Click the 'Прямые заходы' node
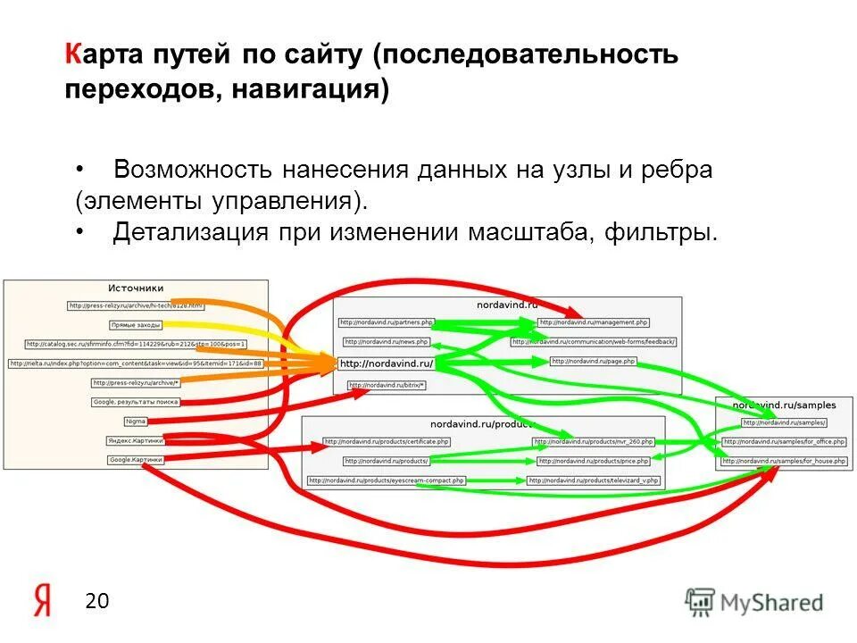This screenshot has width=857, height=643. point(136,325)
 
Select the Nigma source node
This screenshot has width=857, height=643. point(135,421)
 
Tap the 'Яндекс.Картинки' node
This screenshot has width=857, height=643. point(135,440)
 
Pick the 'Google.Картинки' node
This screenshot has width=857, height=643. point(136,460)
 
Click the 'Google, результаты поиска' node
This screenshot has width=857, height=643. point(136,402)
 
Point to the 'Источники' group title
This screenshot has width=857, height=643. point(136,288)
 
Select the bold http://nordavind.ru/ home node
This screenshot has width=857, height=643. point(386,363)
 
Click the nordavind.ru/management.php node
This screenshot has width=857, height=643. point(594,321)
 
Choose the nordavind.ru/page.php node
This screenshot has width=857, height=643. point(594,361)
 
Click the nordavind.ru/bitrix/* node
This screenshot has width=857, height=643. point(387,385)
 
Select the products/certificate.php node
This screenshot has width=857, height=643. point(387,441)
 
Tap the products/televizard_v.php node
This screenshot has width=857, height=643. point(594,480)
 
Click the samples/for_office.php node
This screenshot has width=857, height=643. point(771,441)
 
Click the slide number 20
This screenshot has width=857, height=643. point(96,601)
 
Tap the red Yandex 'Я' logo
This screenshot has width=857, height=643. point(43,601)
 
